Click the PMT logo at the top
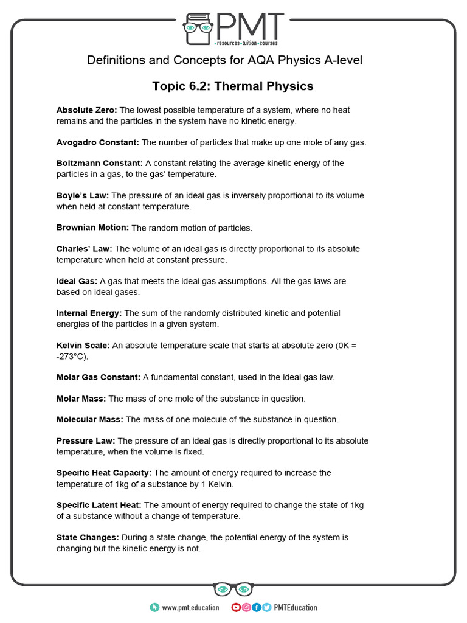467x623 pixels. pos(233,29)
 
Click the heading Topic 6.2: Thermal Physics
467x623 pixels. pos(233,86)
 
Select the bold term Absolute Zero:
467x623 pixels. pos(87,110)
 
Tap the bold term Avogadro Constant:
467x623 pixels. pos(98,142)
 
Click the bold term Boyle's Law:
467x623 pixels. pos(83,195)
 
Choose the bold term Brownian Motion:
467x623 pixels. pos(92,228)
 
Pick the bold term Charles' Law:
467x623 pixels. pos(85,249)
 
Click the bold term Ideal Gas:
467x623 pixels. pos(77,281)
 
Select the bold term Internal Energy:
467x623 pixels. pos(89,313)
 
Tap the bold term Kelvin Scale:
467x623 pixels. pos(83,345)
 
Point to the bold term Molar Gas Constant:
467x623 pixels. pos(99,377)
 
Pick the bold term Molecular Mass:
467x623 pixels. pos(90,419)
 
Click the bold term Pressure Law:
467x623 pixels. pos(86,440)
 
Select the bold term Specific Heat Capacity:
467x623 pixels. pos(104,473)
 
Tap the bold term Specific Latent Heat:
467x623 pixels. pos(99,505)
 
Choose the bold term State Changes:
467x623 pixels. pos(88,537)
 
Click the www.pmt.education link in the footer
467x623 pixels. pos(190,607)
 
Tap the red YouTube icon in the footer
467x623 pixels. pos(236,607)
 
